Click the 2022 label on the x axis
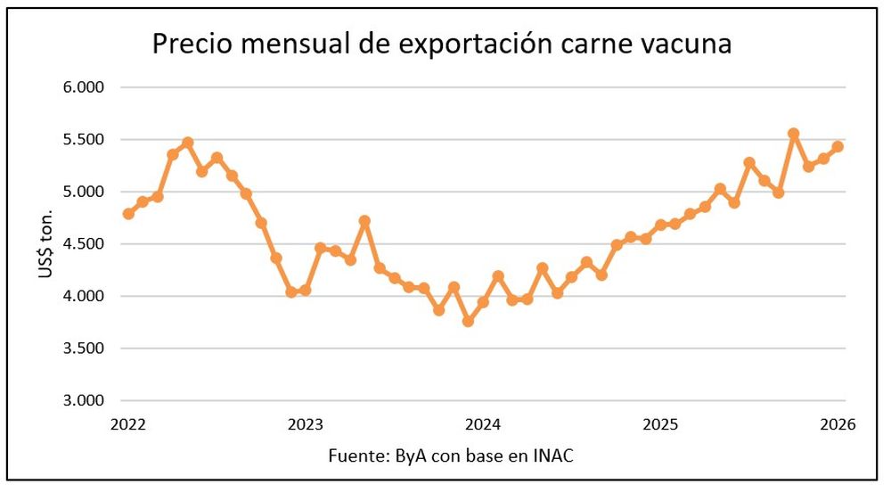tap(128, 424)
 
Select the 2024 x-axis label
tap(482, 424)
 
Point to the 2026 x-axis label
tap(837, 424)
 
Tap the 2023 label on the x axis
tap(306, 424)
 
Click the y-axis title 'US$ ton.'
tap(46, 244)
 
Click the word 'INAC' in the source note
tap(553, 456)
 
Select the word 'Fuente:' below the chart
tap(356, 456)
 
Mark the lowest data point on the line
tap(468, 321)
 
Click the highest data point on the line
tap(793, 134)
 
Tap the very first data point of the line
tap(128, 214)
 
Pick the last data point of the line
tap(838, 147)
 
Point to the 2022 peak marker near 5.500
tap(187, 143)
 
